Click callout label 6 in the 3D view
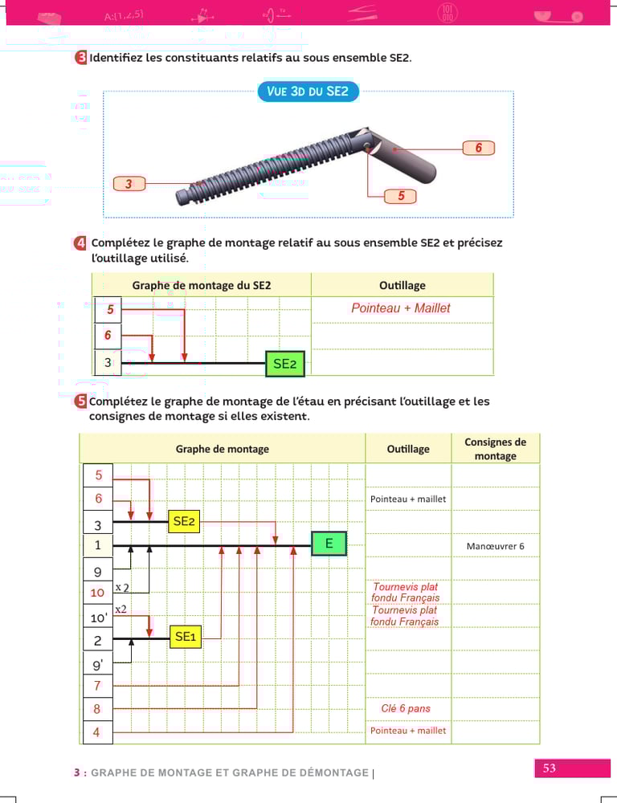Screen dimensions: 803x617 point(478,148)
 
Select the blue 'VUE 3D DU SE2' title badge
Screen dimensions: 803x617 point(308,92)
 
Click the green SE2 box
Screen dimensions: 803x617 point(285,364)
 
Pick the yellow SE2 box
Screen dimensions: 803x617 point(184,522)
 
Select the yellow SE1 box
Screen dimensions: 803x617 point(185,637)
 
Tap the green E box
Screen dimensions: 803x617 point(329,544)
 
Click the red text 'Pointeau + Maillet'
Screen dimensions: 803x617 point(401,308)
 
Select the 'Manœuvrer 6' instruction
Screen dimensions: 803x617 point(495,546)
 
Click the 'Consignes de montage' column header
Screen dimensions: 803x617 point(495,449)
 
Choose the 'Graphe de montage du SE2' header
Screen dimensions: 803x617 point(201,285)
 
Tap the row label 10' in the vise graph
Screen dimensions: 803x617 point(97,618)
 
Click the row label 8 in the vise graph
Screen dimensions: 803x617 point(97,709)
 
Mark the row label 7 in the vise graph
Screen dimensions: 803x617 point(97,686)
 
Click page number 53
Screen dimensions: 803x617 point(550,768)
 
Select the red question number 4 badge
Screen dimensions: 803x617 point(80,243)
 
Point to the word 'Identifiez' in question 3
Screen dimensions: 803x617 point(116,58)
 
